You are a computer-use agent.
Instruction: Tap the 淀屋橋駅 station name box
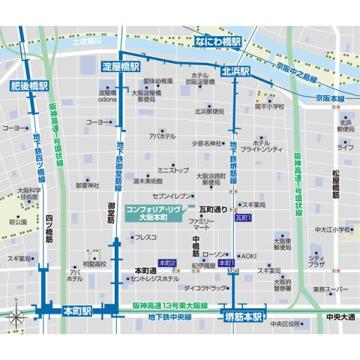coord(121,66)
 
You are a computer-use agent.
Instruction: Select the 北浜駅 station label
coord(235,71)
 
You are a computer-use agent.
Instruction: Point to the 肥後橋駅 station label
coord(31,85)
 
